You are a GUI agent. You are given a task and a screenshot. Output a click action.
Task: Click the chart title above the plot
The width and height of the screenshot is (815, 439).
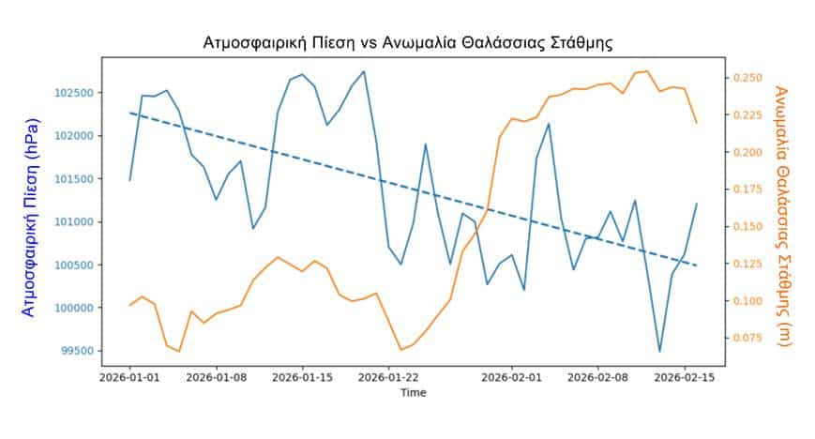tap(408, 43)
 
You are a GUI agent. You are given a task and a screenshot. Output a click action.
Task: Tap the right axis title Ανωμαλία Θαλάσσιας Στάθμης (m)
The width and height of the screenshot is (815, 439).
tap(784, 216)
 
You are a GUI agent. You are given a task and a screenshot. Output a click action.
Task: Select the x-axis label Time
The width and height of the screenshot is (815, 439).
tap(413, 394)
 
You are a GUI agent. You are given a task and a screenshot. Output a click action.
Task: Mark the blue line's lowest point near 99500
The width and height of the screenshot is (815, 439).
tap(659, 352)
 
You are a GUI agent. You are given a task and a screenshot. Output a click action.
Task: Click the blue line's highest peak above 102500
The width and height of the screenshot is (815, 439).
tap(364, 71)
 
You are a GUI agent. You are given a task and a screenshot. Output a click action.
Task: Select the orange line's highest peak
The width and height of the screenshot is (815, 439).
tap(647, 71)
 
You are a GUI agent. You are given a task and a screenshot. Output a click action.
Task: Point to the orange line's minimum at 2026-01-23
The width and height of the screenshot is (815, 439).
tap(400, 350)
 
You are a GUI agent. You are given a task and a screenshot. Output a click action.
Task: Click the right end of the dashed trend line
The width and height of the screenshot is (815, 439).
tap(697, 265)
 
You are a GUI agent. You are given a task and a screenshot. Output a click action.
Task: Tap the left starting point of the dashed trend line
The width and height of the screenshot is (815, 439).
tap(130, 113)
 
